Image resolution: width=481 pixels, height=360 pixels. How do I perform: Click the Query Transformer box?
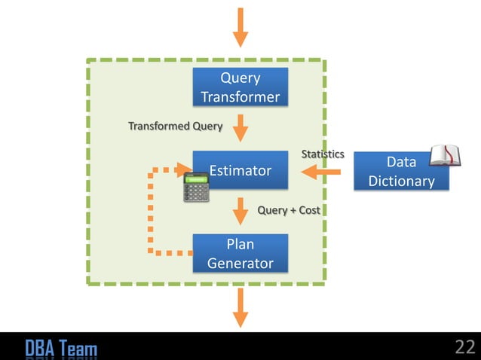coord(240,87)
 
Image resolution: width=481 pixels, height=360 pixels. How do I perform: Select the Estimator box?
coord(240,171)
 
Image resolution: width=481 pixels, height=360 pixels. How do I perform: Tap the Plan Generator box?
coord(240,254)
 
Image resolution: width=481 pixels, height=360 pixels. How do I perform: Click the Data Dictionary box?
coord(401,172)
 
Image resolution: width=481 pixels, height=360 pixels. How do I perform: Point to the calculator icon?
coord(196,188)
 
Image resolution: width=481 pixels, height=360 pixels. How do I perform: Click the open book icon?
coord(444,155)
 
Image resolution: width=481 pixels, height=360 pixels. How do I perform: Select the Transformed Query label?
coord(175,126)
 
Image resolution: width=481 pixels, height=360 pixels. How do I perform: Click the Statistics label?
coord(323,154)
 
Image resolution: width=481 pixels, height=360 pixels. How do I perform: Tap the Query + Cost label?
coord(289,210)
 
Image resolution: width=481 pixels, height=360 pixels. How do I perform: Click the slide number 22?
coord(464,347)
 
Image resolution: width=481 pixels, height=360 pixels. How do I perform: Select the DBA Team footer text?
coord(61,348)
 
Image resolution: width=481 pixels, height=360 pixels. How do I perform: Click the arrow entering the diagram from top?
coord(240,26)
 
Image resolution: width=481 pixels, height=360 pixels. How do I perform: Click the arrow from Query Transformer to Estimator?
coord(240,128)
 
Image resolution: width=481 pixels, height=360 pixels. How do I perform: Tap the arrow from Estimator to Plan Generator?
coord(240,211)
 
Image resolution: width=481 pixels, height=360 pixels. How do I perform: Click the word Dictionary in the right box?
coord(401,182)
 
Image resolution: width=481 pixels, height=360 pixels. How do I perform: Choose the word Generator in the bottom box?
coord(240,264)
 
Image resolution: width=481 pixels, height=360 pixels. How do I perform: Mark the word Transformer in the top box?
coord(240,97)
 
